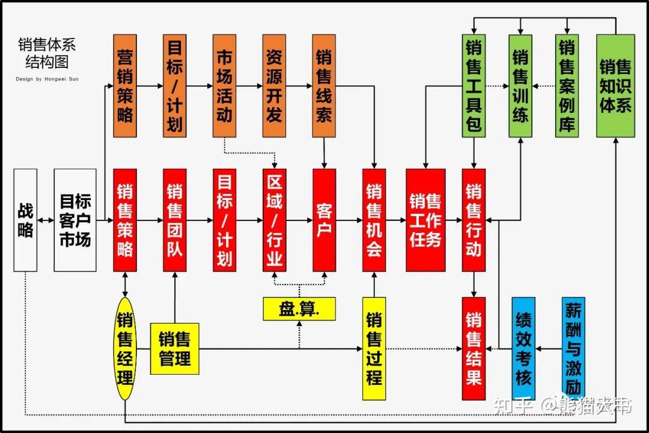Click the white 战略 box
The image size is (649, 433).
pyautogui.click(x=25, y=220)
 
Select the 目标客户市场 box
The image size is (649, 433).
pyautogui.click(x=75, y=220)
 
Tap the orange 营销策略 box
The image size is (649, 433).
pyautogui.click(x=125, y=86)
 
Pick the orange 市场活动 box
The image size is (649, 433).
pyautogui.click(x=224, y=86)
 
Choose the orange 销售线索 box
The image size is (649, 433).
pyautogui.click(x=324, y=86)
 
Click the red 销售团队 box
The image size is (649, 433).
pyautogui.click(x=175, y=220)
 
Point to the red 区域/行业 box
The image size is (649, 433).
pyautogui.click(x=274, y=220)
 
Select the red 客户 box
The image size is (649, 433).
pyautogui.click(x=324, y=220)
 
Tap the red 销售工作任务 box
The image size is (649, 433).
pyautogui.click(x=425, y=220)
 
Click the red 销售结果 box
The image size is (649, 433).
pyautogui.click(x=474, y=348)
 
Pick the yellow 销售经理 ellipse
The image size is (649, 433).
pyautogui.click(x=125, y=348)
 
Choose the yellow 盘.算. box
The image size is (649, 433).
pyautogui.click(x=299, y=309)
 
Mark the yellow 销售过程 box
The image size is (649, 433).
pyautogui.click(x=374, y=348)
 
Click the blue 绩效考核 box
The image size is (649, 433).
pyautogui.click(x=523, y=348)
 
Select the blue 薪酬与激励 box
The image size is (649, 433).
pyautogui.click(x=573, y=348)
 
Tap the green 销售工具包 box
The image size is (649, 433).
pyautogui.click(x=474, y=86)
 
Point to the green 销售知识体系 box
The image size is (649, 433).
pyautogui.click(x=615, y=86)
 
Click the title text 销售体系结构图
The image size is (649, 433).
pyautogui.click(x=47, y=53)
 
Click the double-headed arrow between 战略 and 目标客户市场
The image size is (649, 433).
pyautogui.click(x=46, y=220)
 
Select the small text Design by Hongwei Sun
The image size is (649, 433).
pyautogui.click(x=47, y=79)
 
